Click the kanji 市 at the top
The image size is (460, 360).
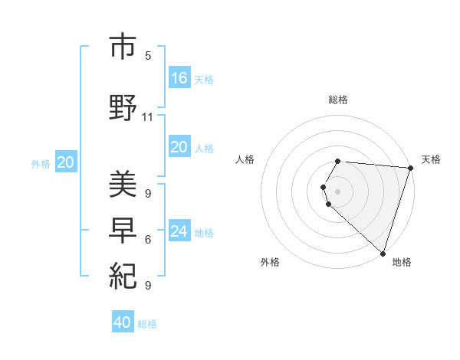[123, 47]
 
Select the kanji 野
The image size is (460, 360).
[123, 106]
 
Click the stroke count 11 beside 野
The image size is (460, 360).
[148, 117]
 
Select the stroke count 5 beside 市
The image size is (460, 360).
[148, 56]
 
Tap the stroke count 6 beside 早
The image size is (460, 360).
[148, 240]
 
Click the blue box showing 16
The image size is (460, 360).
[179, 77]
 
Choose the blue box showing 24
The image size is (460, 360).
[179, 231]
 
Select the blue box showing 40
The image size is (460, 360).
[123, 322]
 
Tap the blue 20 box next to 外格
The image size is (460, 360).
[66, 162]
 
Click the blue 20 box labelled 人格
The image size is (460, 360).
[179, 147]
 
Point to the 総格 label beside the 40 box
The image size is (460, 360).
[147, 324]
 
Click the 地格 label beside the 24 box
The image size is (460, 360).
[204, 233]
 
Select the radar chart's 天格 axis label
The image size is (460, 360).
[431, 159]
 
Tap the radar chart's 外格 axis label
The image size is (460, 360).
[270, 263]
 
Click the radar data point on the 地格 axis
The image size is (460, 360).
[383, 253]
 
